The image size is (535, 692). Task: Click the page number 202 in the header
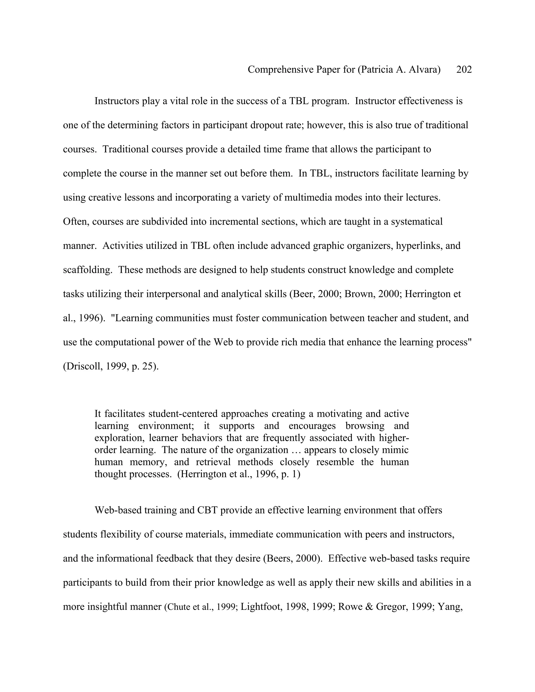pos(464,69)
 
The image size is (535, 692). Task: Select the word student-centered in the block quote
pos(183,414)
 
